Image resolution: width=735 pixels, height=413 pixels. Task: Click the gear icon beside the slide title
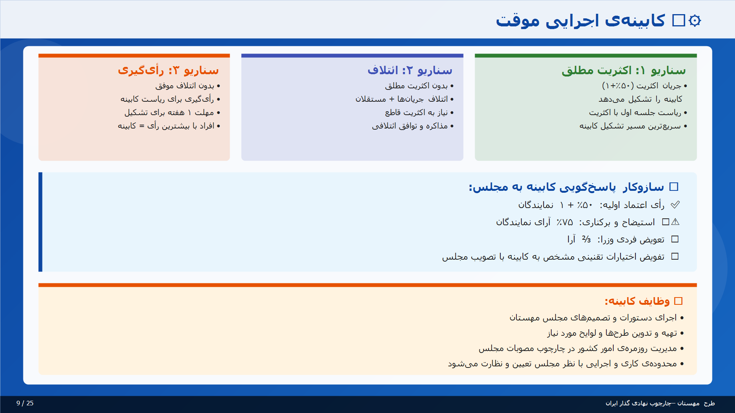[695, 21]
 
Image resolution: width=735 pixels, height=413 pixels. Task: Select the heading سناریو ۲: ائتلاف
[410, 70]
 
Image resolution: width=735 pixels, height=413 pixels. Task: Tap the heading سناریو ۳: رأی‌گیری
[168, 70]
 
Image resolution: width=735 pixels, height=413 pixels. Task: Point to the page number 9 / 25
[25, 403]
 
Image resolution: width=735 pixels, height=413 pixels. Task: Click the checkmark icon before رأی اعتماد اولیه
[675, 205]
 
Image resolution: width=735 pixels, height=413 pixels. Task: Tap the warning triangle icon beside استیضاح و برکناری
[676, 222]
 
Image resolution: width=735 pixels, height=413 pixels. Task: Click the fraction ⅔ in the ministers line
[586, 239]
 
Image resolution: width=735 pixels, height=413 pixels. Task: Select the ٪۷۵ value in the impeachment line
[565, 222]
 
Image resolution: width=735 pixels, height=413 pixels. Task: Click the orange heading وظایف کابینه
[637, 301]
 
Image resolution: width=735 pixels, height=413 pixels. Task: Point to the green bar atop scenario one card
[586, 56]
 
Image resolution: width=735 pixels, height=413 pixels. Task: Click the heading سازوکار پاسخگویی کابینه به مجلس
[567, 187]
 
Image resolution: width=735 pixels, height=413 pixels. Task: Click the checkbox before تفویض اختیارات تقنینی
[675, 257]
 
